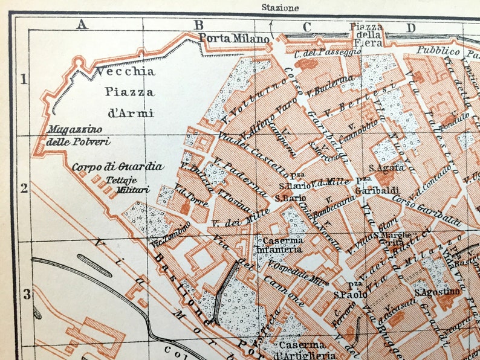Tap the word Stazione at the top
279,8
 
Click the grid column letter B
198,25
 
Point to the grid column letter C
307,27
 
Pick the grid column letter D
411,27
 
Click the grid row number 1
24,79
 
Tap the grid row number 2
24,188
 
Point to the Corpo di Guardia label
117,166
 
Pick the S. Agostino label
437,292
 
